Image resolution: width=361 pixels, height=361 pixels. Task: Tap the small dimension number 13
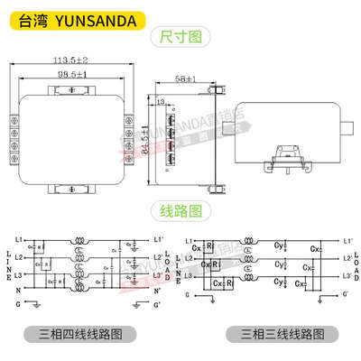(160, 105)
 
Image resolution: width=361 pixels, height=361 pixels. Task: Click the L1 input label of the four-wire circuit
(19, 240)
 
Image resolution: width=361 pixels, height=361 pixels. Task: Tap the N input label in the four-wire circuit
(19, 290)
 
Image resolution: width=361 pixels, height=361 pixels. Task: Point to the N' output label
(158, 291)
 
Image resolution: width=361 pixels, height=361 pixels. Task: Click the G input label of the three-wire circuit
(187, 294)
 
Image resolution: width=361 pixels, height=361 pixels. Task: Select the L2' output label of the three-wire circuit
(348, 257)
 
